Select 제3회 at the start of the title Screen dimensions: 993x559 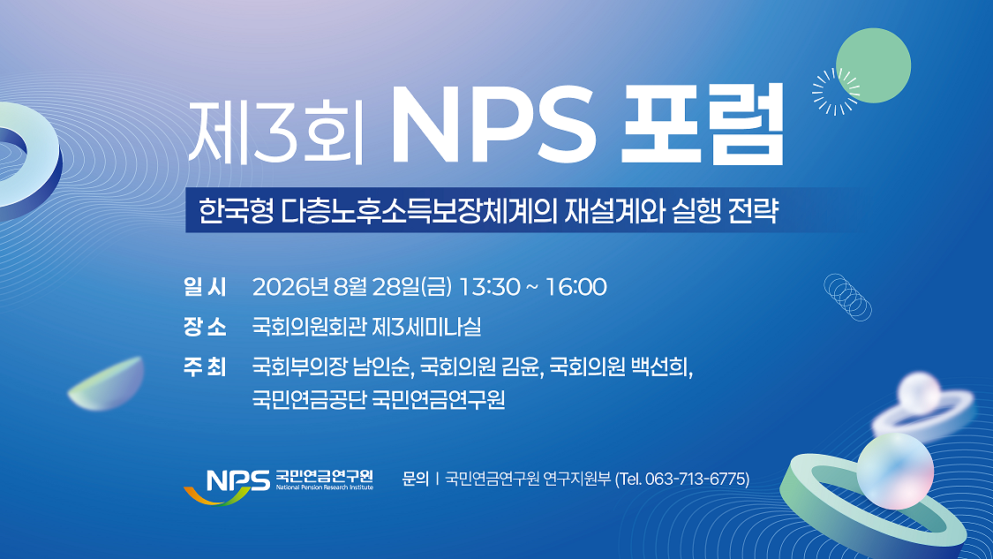[275, 131]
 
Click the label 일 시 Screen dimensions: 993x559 [205, 287]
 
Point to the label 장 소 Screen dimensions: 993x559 [205, 327]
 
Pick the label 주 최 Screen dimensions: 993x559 [205, 367]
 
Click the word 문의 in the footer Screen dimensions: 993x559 [416, 480]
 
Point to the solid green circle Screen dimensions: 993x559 [873, 65]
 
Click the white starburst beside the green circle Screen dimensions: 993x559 [835, 92]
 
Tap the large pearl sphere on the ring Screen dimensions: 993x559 [895, 471]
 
